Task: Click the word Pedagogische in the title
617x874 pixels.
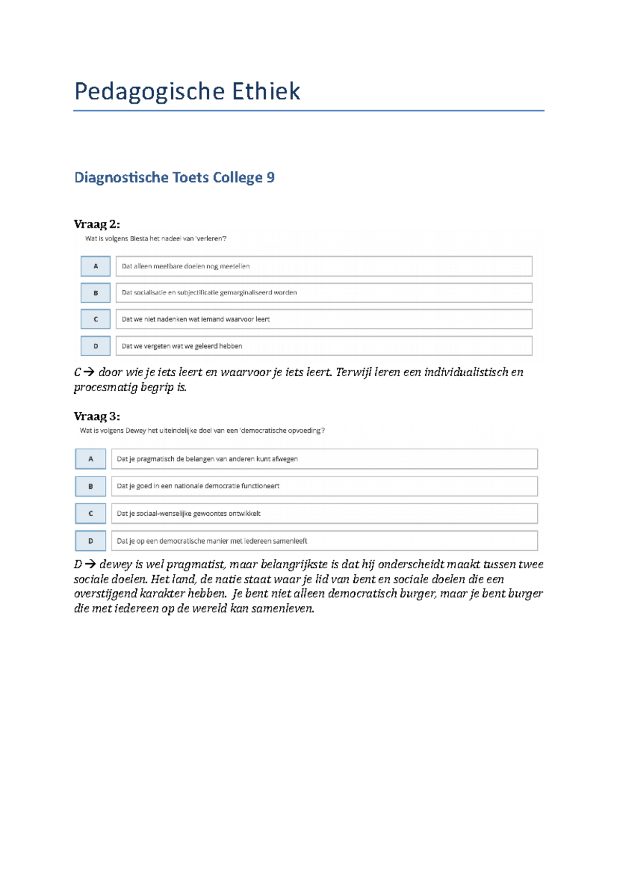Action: tap(150, 92)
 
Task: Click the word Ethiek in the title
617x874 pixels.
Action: tap(266, 92)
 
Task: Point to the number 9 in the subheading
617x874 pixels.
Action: tap(270, 178)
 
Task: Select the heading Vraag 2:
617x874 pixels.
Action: tap(97, 224)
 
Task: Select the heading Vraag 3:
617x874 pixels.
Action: tap(97, 416)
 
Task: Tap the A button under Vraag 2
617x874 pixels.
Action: tap(96, 266)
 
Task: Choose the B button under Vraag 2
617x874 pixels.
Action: tap(96, 293)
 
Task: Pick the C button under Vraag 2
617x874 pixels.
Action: tap(96, 319)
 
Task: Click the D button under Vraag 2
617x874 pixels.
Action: tap(96, 346)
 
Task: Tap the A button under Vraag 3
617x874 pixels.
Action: tap(90, 459)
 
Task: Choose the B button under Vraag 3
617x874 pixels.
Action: tap(90, 486)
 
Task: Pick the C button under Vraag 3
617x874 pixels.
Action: tap(90, 513)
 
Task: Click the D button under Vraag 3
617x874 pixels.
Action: tap(90, 541)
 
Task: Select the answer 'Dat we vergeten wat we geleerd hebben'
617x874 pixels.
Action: tap(182, 346)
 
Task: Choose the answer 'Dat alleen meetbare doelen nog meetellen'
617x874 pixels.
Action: tap(186, 266)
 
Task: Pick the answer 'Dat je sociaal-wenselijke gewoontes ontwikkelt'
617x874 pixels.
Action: tap(189, 513)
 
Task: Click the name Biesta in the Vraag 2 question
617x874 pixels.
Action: tap(139, 238)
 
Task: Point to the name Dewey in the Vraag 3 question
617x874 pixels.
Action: tap(136, 430)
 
